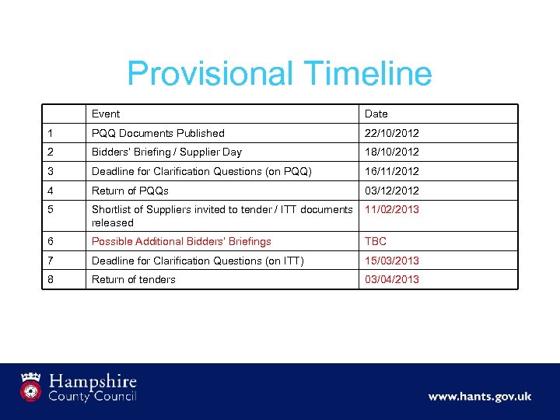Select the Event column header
click(106, 114)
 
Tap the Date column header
click(376, 114)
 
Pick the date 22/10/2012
click(392, 133)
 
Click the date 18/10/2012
click(392, 152)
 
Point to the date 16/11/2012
click(392, 171)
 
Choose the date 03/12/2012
click(392, 191)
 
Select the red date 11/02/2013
click(392, 209)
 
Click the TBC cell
click(376, 242)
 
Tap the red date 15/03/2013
click(392, 261)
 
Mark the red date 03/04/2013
click(392, 279)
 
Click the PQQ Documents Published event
click(158, 133)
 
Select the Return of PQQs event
click(130, 191)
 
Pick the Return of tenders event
click(134, 279)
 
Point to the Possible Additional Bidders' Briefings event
click(181, 242)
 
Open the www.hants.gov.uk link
click(479, 397)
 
